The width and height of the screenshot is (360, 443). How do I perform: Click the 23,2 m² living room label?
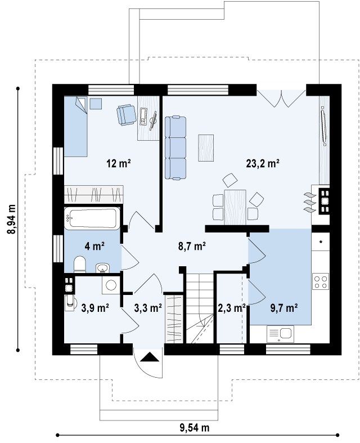tap(263, 164)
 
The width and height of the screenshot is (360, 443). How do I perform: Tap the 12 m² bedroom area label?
tap(118, 163)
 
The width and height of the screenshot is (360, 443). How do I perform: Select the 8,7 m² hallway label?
tap(191, 247)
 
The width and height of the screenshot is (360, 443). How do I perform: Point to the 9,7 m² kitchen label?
tap(283, 308)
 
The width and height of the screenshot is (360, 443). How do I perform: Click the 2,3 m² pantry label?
tap(232, 308)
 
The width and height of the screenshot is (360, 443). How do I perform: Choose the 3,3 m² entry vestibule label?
tap(148, 308)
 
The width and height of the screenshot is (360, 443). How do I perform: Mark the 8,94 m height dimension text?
tap(11, 219)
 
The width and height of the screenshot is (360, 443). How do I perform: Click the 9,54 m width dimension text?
tap(195, 427)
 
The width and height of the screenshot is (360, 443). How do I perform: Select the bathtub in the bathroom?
tap(92, 218)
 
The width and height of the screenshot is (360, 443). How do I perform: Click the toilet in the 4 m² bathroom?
tap(80, 265)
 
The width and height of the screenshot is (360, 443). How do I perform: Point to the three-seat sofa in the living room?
tap(175, 148)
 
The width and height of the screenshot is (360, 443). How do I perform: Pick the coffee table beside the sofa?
tap(206, 148)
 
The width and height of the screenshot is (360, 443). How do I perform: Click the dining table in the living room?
tap(235, 207)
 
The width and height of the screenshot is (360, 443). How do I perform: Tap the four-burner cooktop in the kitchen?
tap(321, 281)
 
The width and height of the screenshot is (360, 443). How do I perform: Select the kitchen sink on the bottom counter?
tap(280, 333)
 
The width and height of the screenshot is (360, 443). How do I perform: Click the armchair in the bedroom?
tap(126, 114)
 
